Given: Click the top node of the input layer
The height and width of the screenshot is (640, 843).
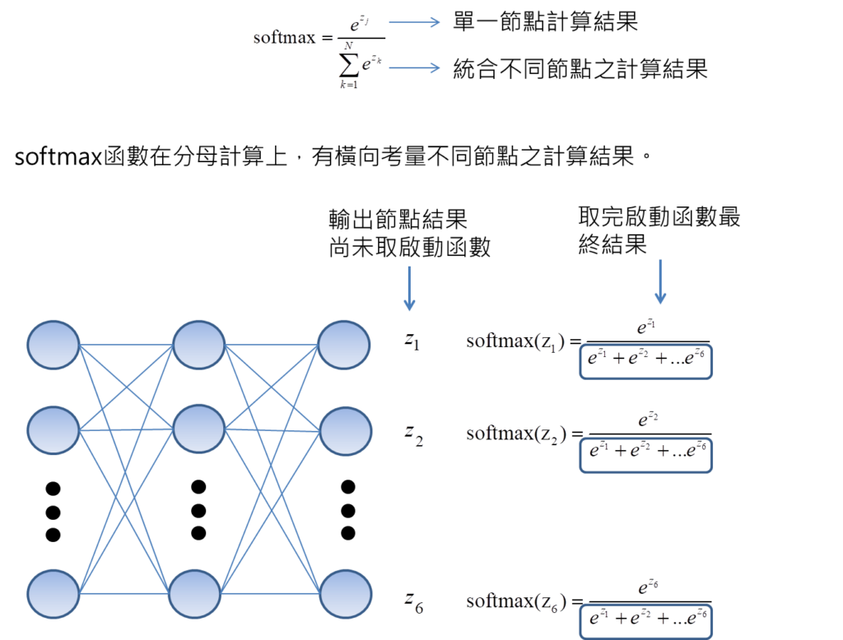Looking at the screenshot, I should (54, 345).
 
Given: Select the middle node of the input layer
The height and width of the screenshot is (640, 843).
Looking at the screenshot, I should (54, 429).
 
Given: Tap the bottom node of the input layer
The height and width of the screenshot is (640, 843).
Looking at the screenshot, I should (54, 593).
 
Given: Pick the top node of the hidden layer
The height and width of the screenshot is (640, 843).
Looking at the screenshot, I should (198, 345).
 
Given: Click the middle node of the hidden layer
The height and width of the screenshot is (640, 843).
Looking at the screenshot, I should (198, 429).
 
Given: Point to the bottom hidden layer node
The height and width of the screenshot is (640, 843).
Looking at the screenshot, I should (195, 593).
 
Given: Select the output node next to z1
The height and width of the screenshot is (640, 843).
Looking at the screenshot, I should (345, 345).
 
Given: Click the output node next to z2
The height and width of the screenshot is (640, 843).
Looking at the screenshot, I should (345, 431).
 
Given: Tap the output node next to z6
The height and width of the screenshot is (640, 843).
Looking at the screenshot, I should (345, 593).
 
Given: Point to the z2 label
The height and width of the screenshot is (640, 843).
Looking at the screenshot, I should (412, 435).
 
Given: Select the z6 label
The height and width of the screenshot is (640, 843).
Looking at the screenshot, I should (412, 604).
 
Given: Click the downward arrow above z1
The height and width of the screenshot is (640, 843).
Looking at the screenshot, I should (409, 288).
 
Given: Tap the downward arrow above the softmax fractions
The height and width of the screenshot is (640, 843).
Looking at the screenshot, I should (659, 282).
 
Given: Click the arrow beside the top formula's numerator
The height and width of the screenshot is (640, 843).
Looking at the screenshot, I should (414, 22).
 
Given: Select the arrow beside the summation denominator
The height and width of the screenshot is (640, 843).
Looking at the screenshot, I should (414, 67).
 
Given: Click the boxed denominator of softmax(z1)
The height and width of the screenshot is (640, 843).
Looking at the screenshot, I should (646, 361).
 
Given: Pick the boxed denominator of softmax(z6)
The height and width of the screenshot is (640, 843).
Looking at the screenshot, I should (646, 620).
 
